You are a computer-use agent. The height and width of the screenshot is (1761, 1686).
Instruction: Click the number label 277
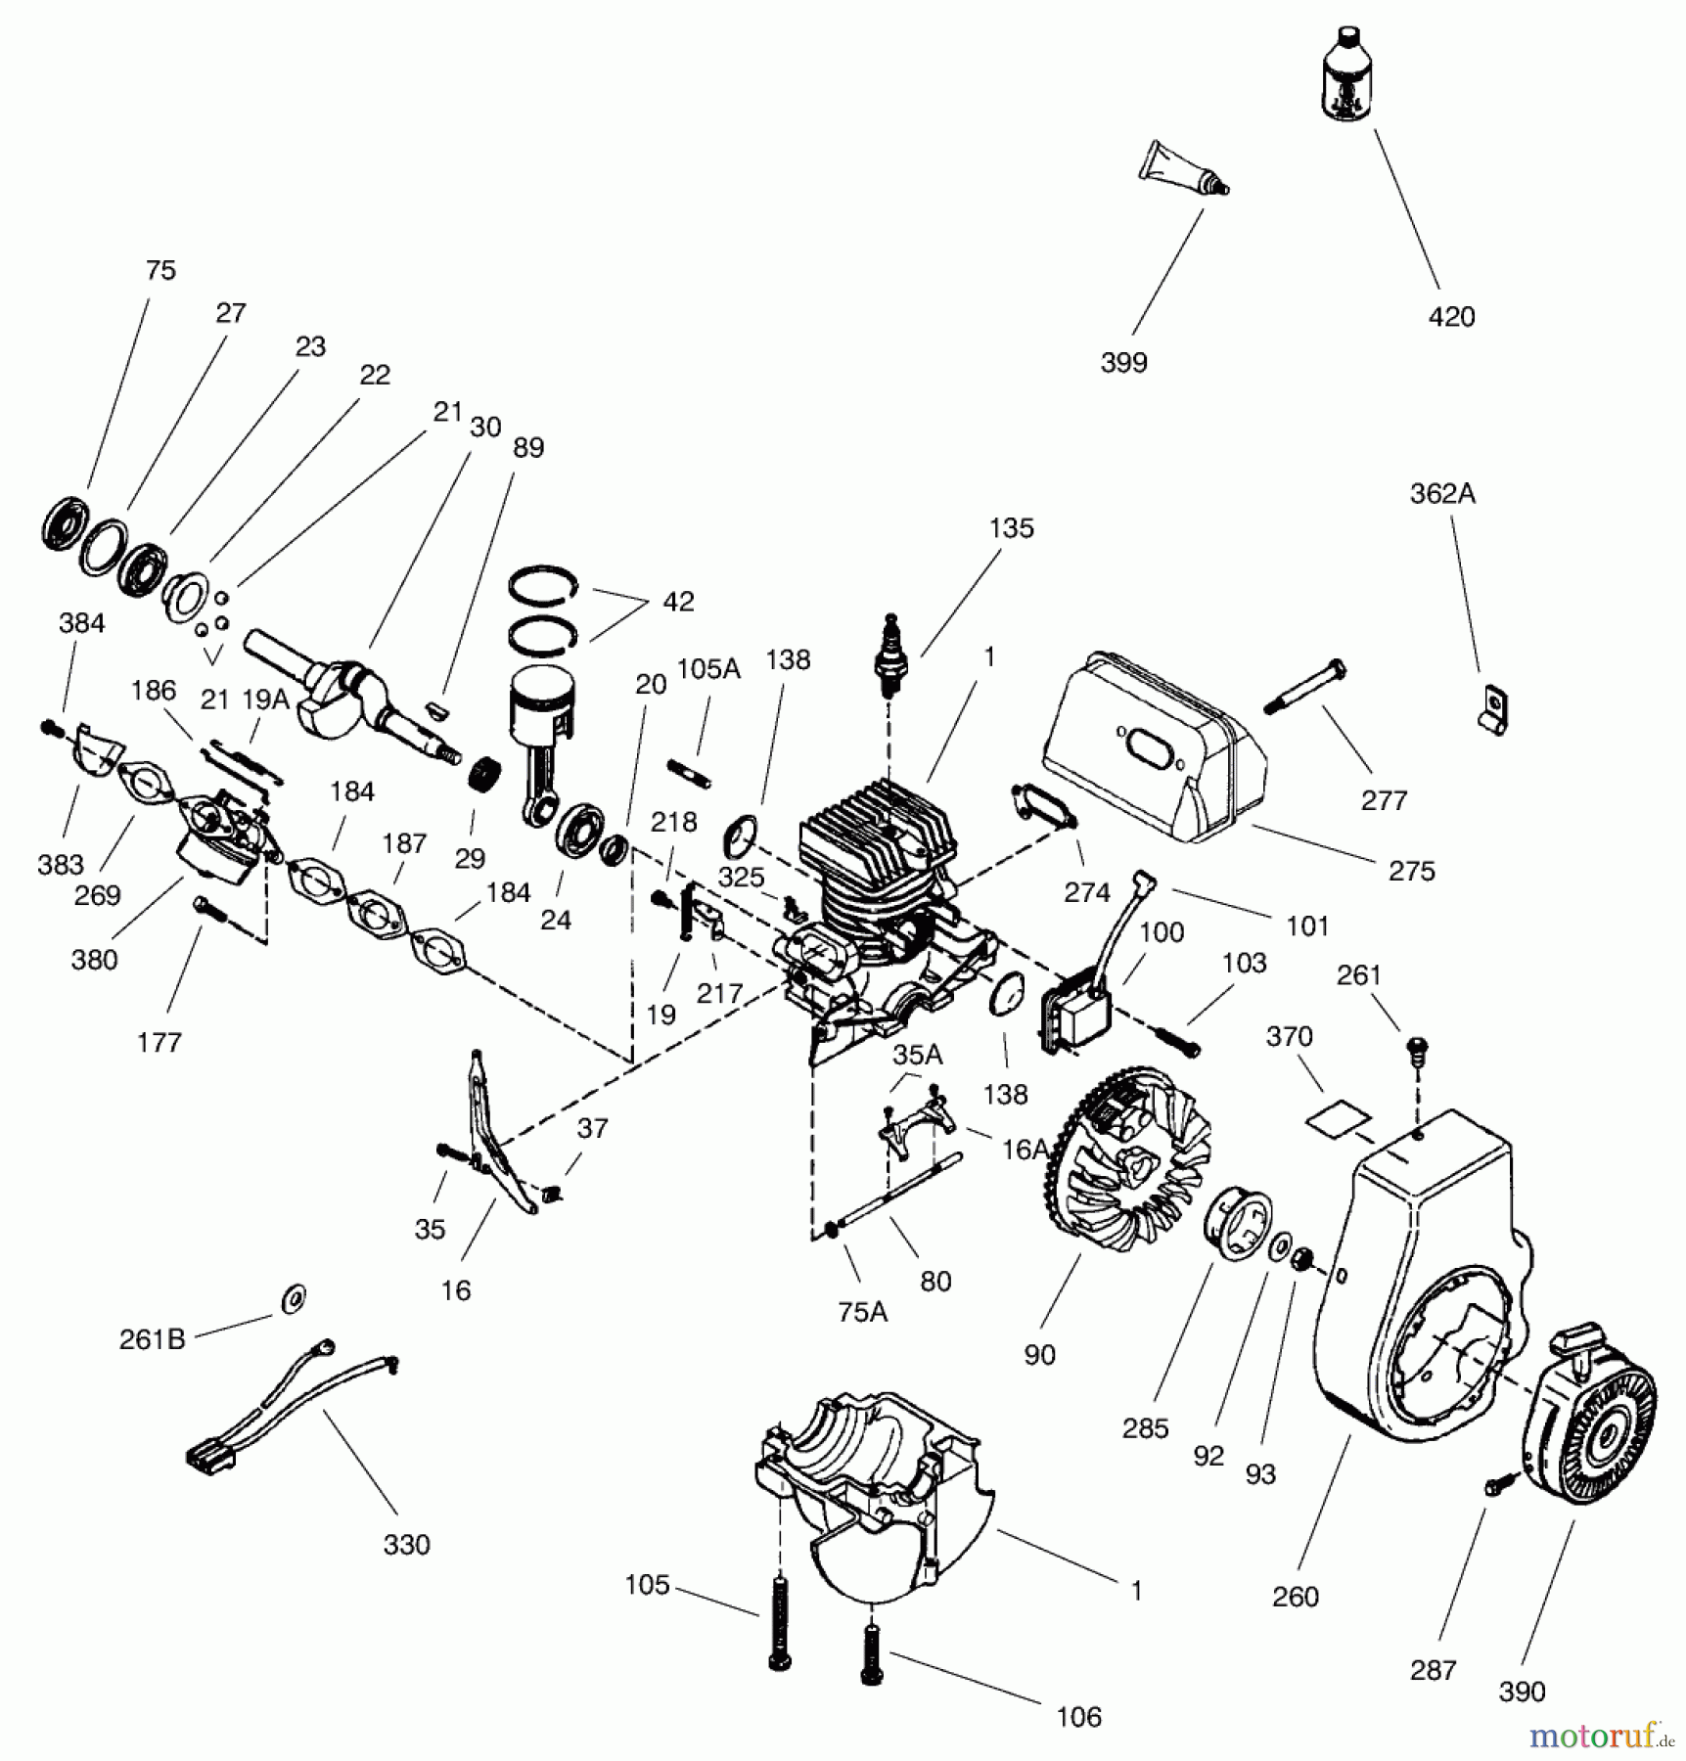point(1383,800)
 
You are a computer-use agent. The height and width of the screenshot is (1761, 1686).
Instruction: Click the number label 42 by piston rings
point(677,602)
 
